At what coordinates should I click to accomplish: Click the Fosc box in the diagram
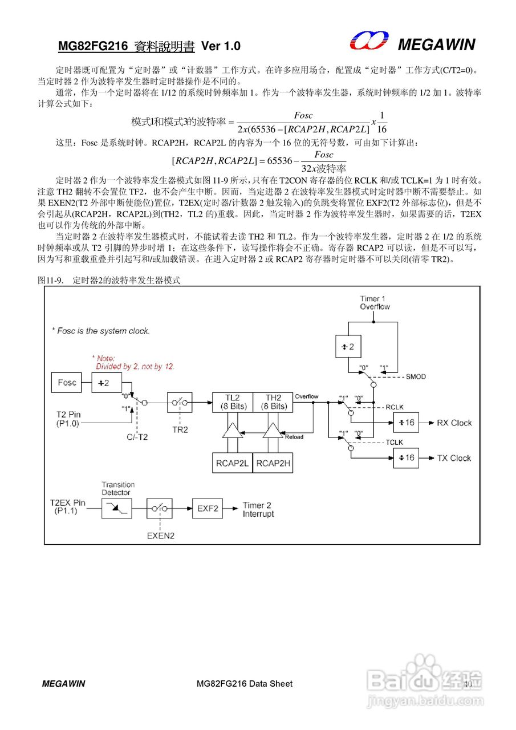point(67,382)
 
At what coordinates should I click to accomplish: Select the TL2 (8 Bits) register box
point(231,402)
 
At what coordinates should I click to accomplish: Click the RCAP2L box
point(231,463)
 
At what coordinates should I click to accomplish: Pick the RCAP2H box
point(273,463)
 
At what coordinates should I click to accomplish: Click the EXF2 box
point(208,509)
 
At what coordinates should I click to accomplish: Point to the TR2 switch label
point(180,429)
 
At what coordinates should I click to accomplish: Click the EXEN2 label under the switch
point(160,536)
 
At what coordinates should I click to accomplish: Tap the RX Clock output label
point(454,423)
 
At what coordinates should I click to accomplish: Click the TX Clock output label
point(454,458)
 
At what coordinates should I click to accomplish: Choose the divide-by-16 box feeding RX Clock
point(405,423)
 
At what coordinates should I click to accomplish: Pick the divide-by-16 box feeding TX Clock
point(405,458)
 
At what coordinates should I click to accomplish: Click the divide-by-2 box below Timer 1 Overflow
point(348,346)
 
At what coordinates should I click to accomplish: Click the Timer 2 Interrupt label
point(258,509)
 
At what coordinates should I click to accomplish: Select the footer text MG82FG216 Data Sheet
point(244,683)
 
